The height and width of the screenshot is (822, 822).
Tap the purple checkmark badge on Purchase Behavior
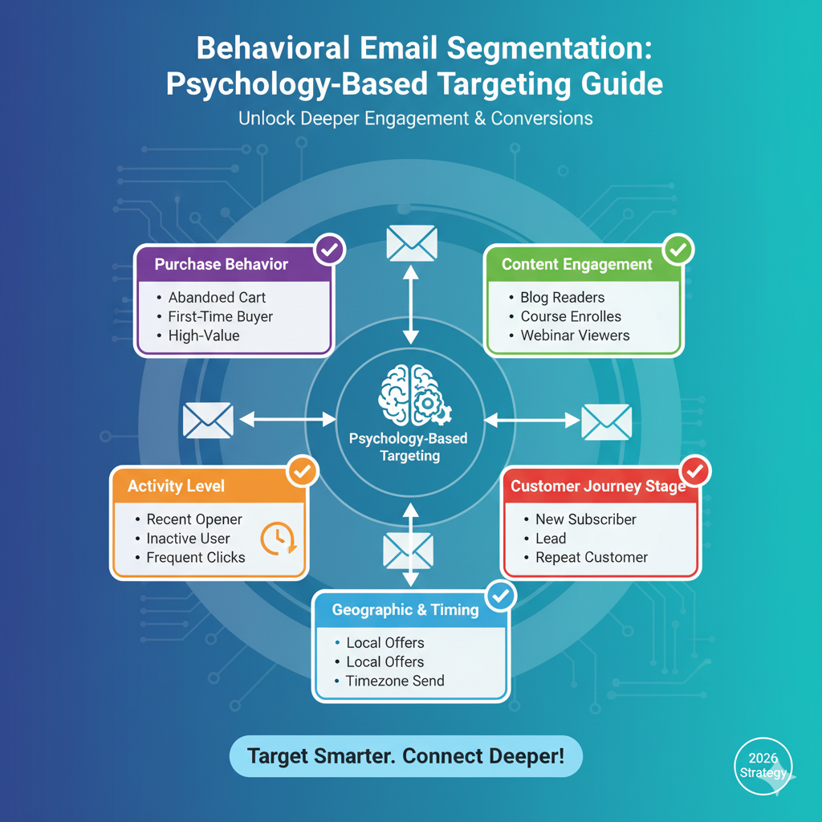pos(329,250)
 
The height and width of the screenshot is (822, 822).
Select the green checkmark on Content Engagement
pos(678,250)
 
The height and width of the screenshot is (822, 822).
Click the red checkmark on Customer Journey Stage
pos(694,471)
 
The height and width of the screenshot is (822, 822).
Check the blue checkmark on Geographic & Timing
pos(501,596)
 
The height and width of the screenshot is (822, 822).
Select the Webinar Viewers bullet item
pos(575,336)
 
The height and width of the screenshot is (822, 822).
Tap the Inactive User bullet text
pos(188,539)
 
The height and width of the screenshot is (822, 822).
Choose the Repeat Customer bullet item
pos(591,558)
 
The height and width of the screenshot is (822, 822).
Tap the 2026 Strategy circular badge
pos(763,766)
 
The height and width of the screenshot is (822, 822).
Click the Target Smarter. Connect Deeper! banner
pos(405,756)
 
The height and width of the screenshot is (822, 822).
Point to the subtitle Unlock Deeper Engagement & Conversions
pos(415,119)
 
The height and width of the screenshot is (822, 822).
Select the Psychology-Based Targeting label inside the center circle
pos(409,447)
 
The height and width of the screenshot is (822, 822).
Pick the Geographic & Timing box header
pos(405,610)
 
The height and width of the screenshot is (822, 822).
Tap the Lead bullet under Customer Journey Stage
pos(551,539)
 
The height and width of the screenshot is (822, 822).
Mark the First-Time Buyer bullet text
pos(220,317)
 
